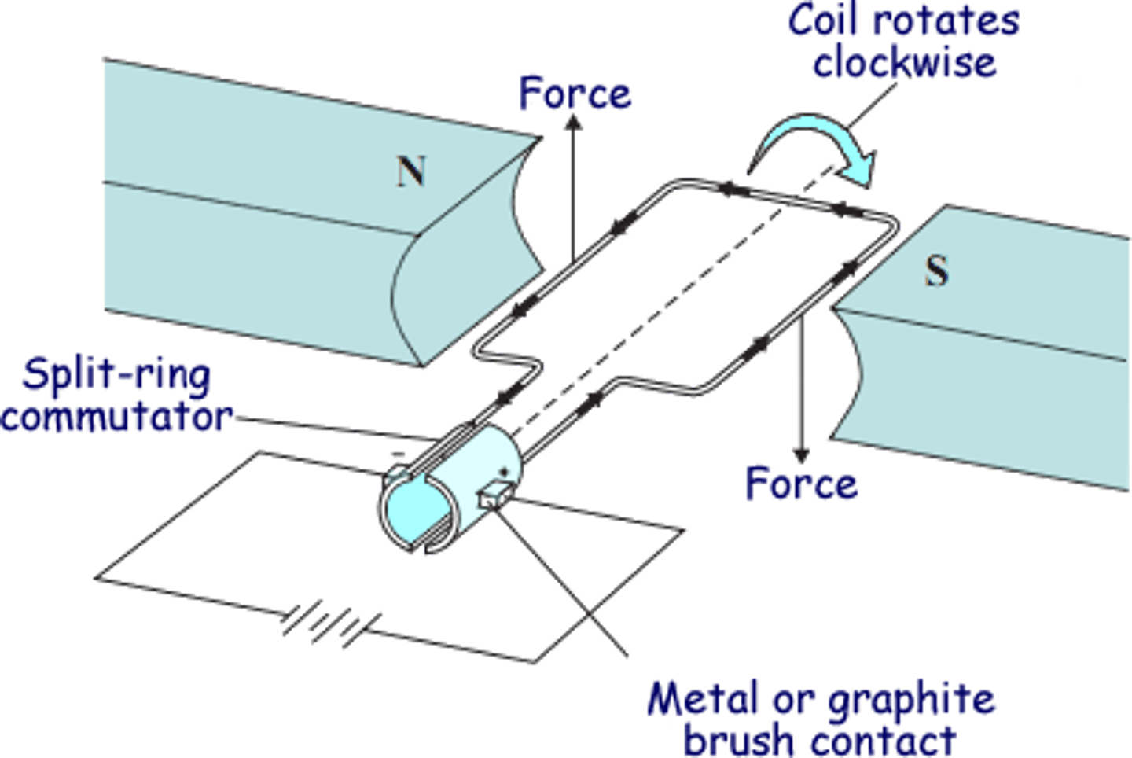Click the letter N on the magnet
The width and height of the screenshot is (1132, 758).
pos(411,171)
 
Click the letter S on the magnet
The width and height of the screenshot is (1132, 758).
pos(936,270)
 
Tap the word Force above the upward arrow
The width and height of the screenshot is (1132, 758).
pos(575,94)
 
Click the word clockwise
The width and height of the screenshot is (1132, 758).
pos(904,61)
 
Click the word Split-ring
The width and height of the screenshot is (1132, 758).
pos(116,375)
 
